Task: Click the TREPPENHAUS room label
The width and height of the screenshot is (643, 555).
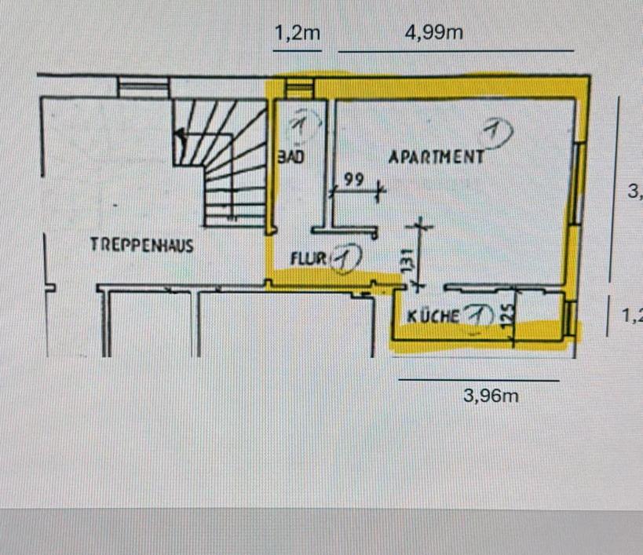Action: (x=142, y=243)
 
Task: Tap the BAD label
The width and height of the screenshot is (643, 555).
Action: (x=290, y=157)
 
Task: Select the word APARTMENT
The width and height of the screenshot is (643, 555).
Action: (x=437, y=156)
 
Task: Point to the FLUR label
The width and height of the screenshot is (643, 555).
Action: (x=307, y=257)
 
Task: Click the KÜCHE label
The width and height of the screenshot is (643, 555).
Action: (x=433, y=317)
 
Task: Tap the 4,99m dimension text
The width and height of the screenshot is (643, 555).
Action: (x=433, y=33)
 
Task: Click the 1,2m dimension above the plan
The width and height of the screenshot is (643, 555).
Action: (x=298, y=33)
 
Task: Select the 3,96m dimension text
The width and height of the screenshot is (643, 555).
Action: (x=491, y=396)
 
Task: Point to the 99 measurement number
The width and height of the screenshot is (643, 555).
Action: (x=354, y=180)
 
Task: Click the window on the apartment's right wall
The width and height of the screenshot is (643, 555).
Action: (x=578, y=184)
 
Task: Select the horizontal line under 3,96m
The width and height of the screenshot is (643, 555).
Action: (x=479, y=379)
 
